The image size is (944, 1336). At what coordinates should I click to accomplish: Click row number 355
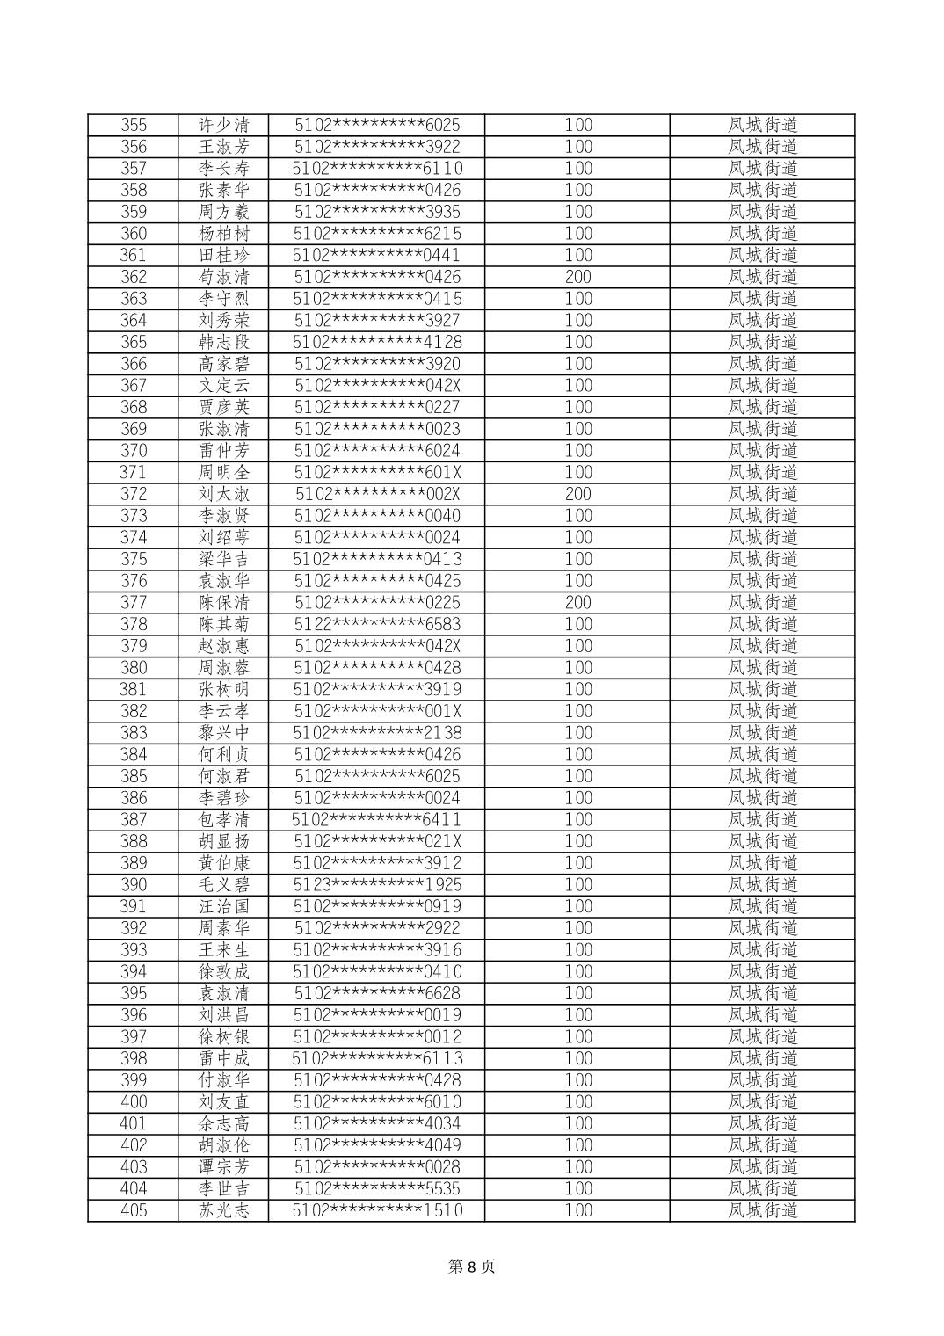click(x=134, y=125)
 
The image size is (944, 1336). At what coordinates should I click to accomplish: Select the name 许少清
click(x=224, y=125)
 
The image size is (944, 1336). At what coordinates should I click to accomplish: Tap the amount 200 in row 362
click(x=577, y=277)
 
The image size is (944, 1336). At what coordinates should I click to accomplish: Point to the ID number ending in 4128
click(x=377, y=342)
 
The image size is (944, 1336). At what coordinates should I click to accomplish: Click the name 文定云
click(x=224, y=385)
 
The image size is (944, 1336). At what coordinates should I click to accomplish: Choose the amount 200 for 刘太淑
click(x=577, y=494)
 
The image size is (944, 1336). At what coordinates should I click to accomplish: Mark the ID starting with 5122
click(x=377, y=624)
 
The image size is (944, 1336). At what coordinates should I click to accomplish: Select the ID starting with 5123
click(x=377, y=884)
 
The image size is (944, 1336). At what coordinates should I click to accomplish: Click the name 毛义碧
click(x=224, y=884)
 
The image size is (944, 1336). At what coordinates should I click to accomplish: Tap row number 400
click(x=134, y=1101)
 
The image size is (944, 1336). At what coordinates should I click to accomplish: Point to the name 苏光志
click(x=224, y=1210)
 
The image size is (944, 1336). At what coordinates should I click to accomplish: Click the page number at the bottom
click(x=472, y=1267)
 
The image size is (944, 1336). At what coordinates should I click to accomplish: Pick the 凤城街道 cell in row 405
click(x=762, y=1210)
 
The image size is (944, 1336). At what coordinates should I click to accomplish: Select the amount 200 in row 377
click(x=577, y=602)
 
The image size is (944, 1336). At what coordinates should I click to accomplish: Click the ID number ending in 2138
click(x=377, y=732)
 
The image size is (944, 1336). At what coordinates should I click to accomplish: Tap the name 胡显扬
click(x=224, y=841)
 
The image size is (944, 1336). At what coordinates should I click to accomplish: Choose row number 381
click(x=134, y=689)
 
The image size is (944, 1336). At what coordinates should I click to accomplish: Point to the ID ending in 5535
click(x=377, y=1188)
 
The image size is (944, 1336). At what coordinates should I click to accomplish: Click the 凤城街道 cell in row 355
click(x=762, y=125)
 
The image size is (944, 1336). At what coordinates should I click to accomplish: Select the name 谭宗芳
click(x=224, y=1166)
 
